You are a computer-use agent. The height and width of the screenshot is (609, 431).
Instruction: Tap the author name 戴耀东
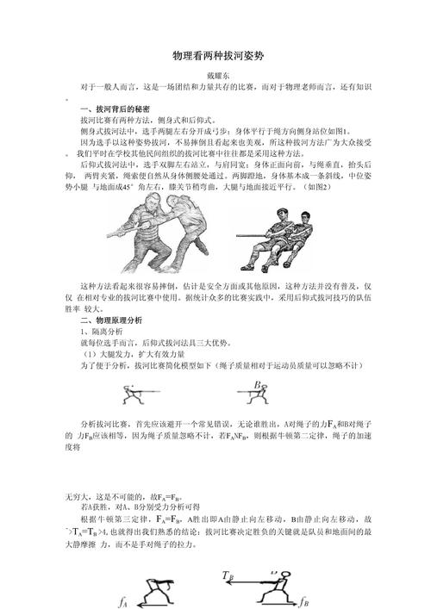[215, 77]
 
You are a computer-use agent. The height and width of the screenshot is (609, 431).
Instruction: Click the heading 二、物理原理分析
[111, 320]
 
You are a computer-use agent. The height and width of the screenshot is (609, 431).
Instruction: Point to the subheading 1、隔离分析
[101, 331]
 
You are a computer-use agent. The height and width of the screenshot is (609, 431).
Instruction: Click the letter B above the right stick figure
[256, 385]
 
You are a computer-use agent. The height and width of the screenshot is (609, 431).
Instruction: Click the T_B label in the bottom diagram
[228, 575]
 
